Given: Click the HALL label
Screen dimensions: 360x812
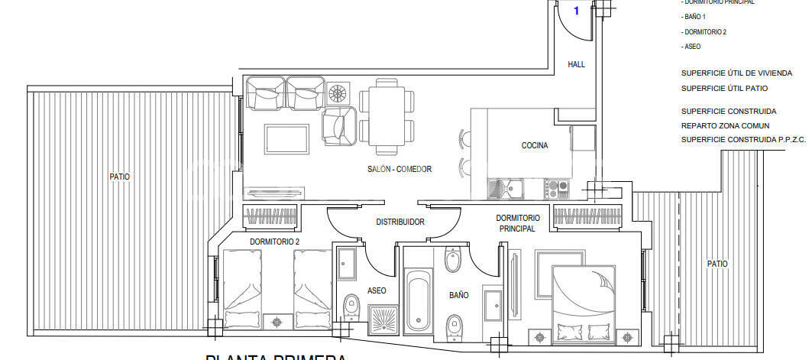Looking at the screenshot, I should pos(576,65).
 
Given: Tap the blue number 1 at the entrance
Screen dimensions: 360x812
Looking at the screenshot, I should pos(576,11).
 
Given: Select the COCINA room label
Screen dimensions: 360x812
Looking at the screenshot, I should pos(535,146).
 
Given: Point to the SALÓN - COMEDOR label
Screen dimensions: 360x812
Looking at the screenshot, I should pos(400,169).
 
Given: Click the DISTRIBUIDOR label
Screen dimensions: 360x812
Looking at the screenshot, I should pos(400,222).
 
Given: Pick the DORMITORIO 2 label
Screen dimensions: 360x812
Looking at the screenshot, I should pos(274,242).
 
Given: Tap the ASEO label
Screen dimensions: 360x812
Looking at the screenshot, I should pos(377,290).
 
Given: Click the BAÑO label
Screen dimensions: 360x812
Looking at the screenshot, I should pos(458,294).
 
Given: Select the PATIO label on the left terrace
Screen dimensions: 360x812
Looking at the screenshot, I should pos(119,177).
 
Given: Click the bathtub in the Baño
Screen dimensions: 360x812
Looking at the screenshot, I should pos(417,298).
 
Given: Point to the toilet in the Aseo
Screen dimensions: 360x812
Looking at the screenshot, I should pos(351,309).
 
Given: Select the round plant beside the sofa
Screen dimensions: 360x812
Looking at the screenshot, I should pos(337,94).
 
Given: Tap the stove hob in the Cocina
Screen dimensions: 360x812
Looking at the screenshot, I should pos(556,186).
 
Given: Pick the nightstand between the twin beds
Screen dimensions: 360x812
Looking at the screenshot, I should pos(277,321).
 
